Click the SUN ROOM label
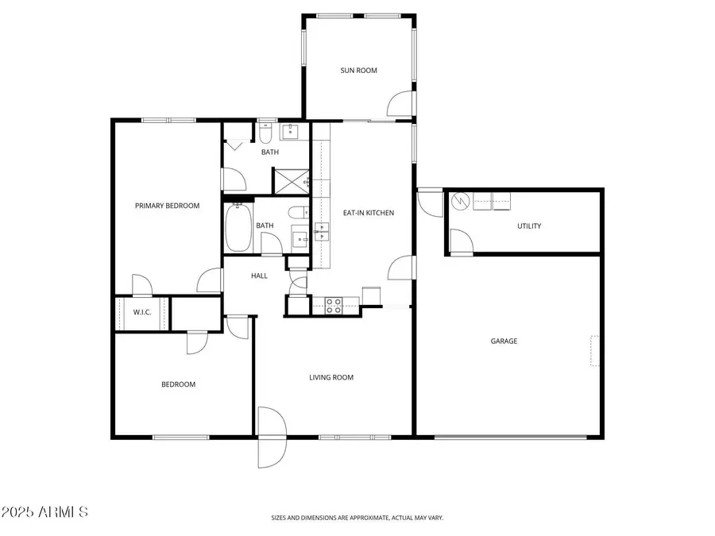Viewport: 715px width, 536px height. point(358,71)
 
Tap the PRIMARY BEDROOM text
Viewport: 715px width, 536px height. point(167,206)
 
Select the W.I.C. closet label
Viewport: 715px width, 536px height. point(141,312)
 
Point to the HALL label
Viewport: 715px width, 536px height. point(259,276)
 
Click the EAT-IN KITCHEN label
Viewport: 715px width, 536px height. point(368,213)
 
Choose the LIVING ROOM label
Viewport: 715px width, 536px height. point(331,378)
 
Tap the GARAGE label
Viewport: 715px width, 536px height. point(504,341)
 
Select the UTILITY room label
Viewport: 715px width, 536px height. point(529,226)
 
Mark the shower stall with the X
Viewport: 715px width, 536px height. point(290,180)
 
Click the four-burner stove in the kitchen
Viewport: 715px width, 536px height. point(333,306)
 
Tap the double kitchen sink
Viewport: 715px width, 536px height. point(322,232)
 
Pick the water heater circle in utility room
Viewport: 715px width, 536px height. point(461,202)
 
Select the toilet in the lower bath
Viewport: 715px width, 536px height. point(296,212)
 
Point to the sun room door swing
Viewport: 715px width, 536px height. point(401,104)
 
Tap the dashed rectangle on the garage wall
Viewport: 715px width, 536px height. point(595,352)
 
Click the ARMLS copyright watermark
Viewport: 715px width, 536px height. point(44,512)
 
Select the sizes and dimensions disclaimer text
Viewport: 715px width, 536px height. point(357,518)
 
